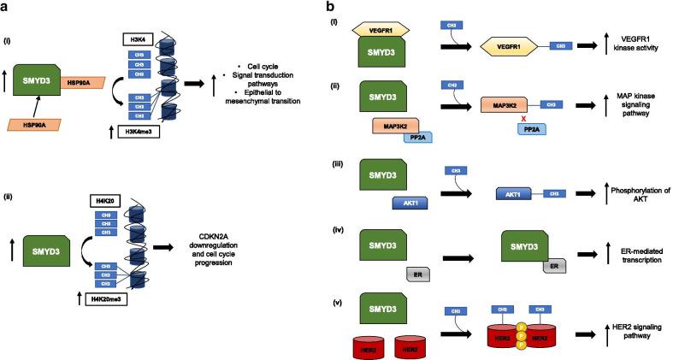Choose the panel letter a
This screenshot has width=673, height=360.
pyautogui.click(x=7, y=7)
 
